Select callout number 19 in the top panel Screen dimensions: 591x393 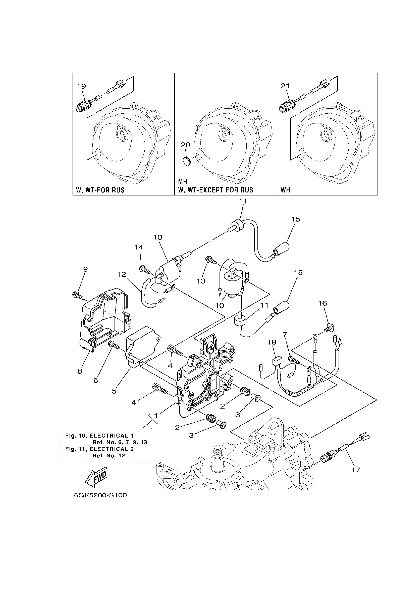[x=81, y=86]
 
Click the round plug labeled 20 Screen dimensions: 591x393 [x=186, y=161]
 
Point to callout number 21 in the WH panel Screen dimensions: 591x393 [x=285, y=86]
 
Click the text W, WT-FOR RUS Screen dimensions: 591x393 [x=100, y=190]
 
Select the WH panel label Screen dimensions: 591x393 [x=285, y=190]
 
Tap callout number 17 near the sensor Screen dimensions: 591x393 [x=356, y=470]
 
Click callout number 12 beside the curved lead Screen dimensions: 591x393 [x=122, y=275]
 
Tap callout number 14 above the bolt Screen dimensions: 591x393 [x=139, y=247]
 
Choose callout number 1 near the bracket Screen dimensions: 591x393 [x=156, y=416]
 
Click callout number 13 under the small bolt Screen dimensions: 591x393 [x=201, y=281]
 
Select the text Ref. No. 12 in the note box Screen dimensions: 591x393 [x=108, y=455]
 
